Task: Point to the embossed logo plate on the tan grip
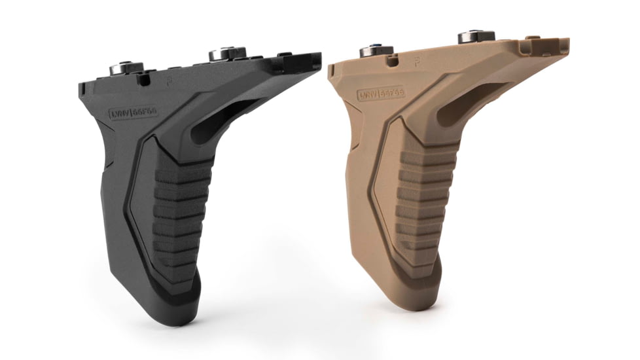click(380, 94)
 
